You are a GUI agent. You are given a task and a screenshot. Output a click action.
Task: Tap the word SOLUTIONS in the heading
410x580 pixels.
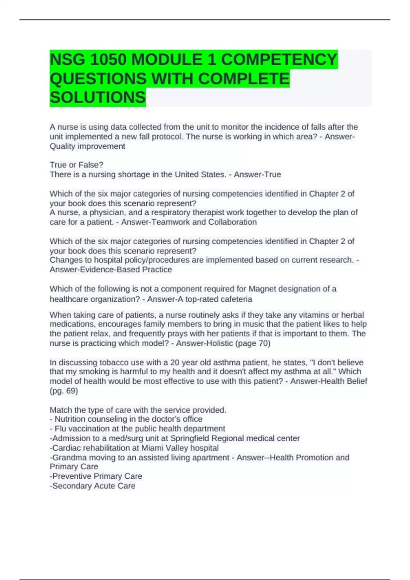pyautogui.click(x=98, y=98)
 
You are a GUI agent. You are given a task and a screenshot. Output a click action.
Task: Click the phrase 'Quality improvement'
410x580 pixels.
pyautogui.click(x=87, y=146)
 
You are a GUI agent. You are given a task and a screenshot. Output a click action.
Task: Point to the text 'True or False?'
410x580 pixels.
pyautogui.click(x=77, y=165)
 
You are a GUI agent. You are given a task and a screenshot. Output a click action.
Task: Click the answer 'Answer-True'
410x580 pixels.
pyautogui.click(x=257, y=174)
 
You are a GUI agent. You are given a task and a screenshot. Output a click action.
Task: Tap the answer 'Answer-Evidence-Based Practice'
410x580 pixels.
pyautogui.click(x=111, y=270)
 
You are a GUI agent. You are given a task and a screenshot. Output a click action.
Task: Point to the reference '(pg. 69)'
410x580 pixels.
pyautogui.click(x=64, y=391)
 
